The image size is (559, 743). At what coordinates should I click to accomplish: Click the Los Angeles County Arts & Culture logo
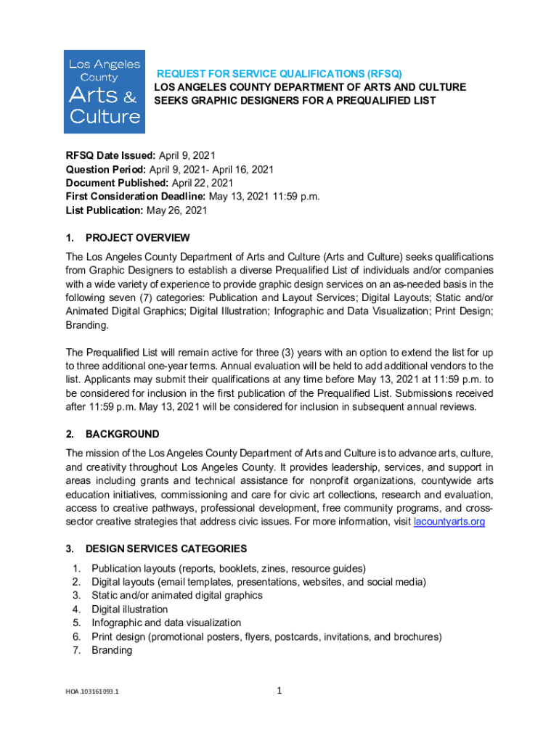[105, 91]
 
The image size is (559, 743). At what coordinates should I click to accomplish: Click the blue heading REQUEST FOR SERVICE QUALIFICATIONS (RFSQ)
[279, 74]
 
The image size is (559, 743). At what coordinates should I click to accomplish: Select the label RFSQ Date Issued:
[110, 155]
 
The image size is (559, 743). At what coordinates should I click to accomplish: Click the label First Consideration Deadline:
[136, 197]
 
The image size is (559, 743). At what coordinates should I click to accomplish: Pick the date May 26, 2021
[177, 210]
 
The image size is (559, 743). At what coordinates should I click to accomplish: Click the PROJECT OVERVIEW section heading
[137, 238]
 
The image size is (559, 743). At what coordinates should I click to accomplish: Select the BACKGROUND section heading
[122, 434]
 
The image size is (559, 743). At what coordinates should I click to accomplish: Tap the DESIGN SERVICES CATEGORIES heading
[166, 549]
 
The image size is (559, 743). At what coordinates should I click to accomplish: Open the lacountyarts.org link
[449, 522]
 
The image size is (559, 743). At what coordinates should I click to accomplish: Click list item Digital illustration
[129, 609]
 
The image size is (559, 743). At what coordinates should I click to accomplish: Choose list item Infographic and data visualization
[166, 623]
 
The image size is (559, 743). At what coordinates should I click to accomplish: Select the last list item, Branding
[112, 651]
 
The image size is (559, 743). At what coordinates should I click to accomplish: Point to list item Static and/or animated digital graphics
[176, 596]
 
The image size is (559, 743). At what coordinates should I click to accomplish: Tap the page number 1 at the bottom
[279, 691]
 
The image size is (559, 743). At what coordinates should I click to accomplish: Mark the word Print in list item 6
[103, 637]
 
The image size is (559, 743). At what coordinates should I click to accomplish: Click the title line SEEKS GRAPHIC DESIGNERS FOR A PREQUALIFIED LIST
[295, 101]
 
